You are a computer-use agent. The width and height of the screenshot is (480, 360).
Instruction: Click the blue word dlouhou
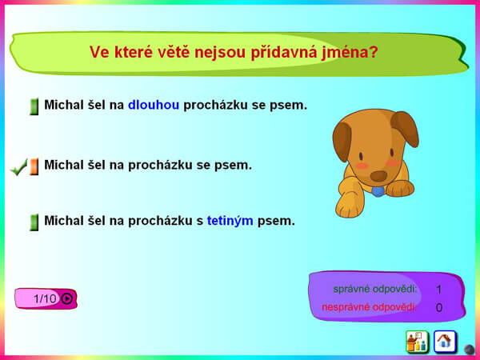click(154, 105)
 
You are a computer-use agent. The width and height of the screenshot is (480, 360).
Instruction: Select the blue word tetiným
click(230, 221)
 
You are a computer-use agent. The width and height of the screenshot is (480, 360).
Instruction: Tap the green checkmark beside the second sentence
click(18, 167)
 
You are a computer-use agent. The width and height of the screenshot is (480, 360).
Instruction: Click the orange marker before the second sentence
click(34, 167)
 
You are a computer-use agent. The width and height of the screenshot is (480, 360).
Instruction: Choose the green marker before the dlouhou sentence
click(34, 106)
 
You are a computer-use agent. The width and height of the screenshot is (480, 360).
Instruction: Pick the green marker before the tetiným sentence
click(34, 222)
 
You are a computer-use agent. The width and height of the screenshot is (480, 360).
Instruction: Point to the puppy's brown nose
click(379, 176)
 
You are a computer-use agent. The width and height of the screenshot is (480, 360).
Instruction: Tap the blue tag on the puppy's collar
click(378, 192)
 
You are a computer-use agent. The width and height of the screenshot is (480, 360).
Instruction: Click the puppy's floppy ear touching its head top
click(405, 128)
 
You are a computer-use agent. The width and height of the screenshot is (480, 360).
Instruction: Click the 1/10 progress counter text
click(45, 298)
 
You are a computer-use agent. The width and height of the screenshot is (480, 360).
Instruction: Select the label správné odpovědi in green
click(375, 289)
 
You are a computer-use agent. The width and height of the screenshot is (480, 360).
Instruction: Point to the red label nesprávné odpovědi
click(369, 307)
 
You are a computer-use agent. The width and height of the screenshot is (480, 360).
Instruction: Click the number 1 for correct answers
click(439, 290)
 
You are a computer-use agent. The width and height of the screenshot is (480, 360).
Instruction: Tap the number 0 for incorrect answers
click(439, 307)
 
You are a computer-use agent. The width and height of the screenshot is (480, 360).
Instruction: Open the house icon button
click(445, 342)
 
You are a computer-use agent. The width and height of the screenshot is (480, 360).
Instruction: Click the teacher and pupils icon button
click(417, 342)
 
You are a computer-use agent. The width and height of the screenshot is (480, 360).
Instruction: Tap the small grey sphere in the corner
click(469, 350)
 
